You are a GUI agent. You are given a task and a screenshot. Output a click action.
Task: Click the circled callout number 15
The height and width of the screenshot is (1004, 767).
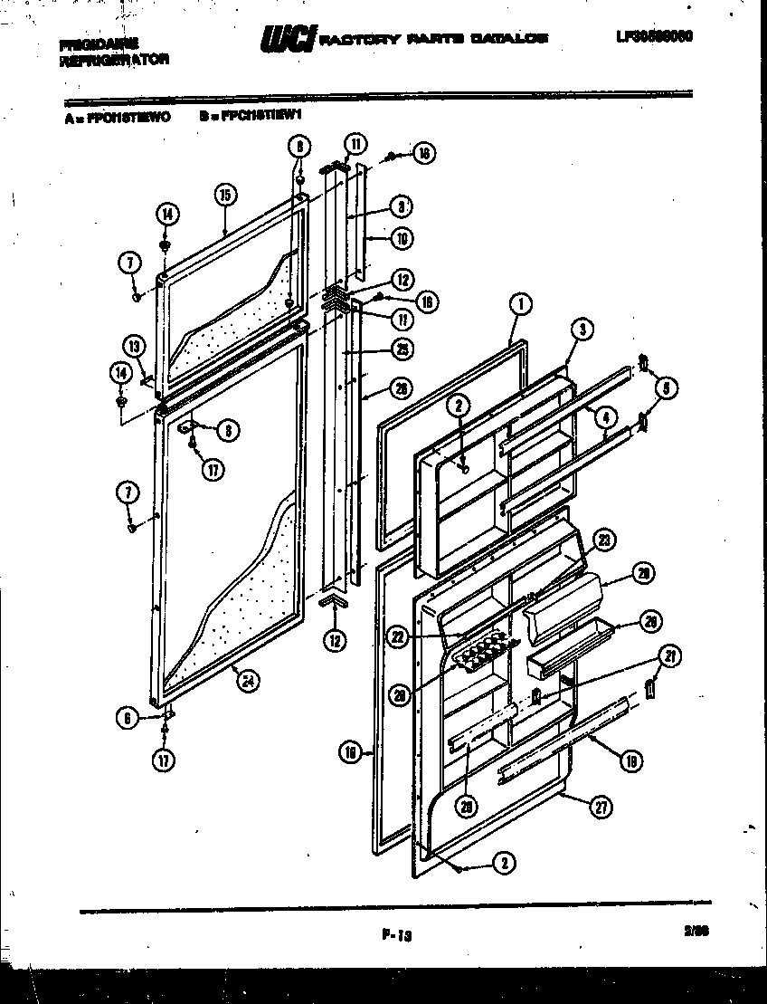pyautogui.click(x=225, y=194)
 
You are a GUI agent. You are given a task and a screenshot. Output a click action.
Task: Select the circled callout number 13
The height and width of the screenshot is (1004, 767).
pyautogui.click(x=135, y=344)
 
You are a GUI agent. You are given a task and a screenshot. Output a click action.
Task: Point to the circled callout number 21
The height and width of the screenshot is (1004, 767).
pyautogui.click(x=670, y=656)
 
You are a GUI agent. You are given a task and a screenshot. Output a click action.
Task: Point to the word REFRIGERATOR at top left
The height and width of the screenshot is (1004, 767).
pyautogui.click(x=114, y=60)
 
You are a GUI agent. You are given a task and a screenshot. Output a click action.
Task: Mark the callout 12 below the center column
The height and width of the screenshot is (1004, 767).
pyautogui.click(x=336, y=640)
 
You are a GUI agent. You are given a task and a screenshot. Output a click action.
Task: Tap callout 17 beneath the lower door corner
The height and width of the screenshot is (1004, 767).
pyautogui.click(x=163, y=760)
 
